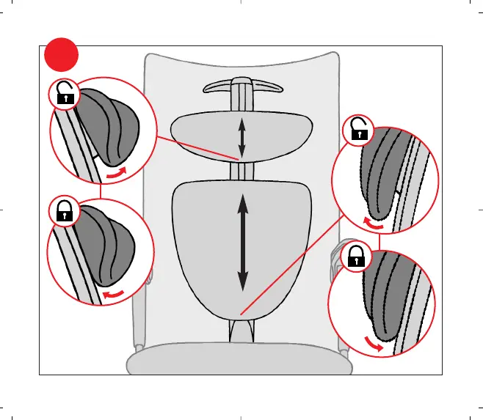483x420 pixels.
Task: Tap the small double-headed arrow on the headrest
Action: pos(242,139)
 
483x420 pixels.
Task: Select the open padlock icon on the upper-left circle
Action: pos(64,93)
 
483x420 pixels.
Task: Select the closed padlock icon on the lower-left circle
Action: pos(64,212)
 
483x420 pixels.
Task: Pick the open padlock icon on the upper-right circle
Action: pos(357,130)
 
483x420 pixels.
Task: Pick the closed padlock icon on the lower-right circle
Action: pos(357,257)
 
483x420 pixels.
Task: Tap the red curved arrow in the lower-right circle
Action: pos(374,345)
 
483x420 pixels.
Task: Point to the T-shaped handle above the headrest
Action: pos(242,87)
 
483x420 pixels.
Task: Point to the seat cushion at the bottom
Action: pos(242,361)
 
